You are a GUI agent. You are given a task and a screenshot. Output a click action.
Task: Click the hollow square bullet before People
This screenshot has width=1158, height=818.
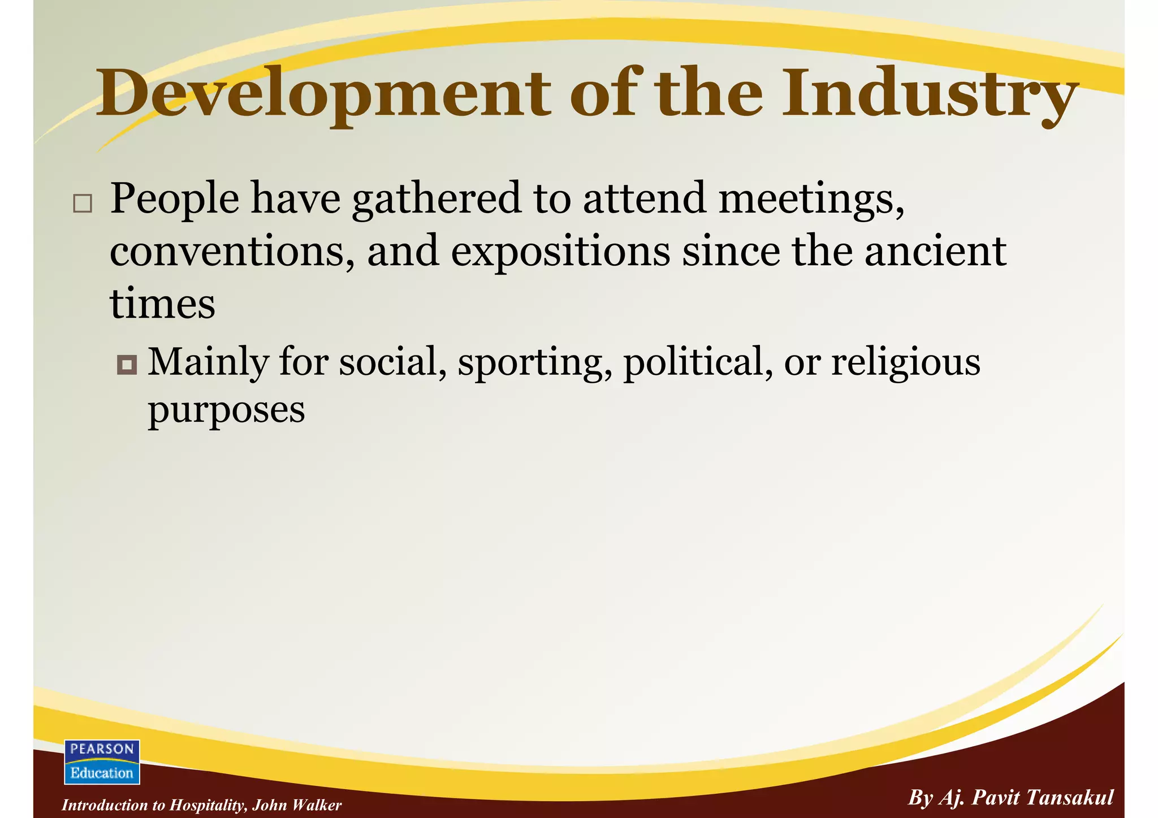(83, 204)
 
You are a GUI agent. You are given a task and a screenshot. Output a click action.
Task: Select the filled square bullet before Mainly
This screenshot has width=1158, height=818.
(127, 365)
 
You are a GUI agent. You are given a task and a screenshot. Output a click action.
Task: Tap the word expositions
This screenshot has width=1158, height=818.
(560, 252)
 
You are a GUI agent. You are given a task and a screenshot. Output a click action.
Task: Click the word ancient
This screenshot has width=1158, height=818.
(935, 252)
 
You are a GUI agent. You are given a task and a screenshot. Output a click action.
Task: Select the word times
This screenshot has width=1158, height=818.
(162, 304)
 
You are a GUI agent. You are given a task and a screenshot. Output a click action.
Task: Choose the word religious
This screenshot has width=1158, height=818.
(906, 363)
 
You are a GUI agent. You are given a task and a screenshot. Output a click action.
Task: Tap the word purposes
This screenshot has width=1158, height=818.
(226, 410)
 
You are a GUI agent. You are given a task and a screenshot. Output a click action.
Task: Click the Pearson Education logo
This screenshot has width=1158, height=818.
(102, 761)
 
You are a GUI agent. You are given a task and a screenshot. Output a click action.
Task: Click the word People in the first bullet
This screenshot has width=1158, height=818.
(174, 199)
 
